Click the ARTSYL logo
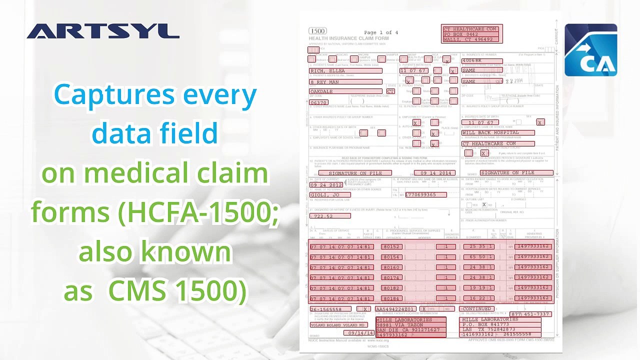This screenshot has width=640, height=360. click(x=103, y=31)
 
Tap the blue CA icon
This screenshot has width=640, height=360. click(x=590, y=50)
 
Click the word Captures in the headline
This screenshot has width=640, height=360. click(x=113, y=95)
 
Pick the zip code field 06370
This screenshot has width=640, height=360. click(x=319, y=102)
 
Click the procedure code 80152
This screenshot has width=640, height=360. click(x=391, y=247)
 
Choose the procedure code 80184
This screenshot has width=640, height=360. click(x=391, y=298)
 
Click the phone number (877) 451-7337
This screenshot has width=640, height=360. click(x=530, y=314)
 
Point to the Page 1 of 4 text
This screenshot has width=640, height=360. click(x=381, y=32)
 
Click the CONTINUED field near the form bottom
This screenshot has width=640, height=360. click(x=476, y=309)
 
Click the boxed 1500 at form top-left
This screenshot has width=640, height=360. click(x=317, y=31)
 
